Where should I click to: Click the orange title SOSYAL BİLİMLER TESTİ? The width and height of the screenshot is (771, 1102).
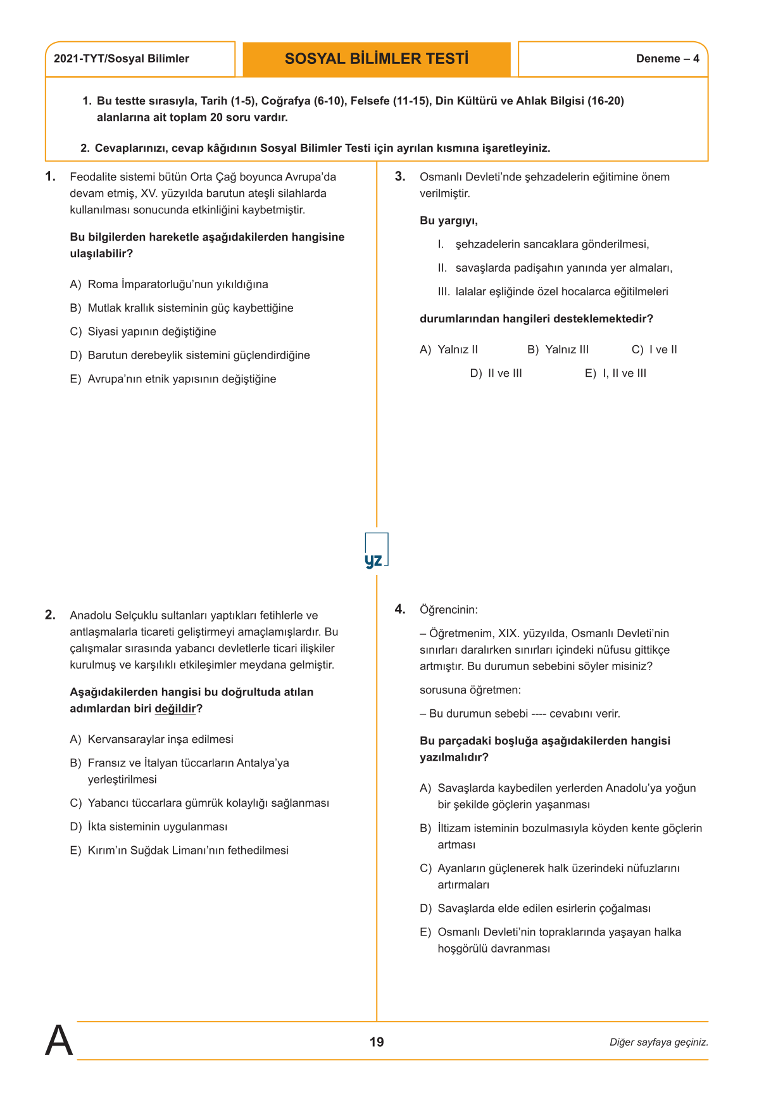pyautogui.click(x=377, y=59)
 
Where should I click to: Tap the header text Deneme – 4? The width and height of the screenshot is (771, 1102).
pyautogui.click(x=667, y=59)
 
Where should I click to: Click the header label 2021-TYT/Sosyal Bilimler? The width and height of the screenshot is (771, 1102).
pyautogui.click(x=122, y=59)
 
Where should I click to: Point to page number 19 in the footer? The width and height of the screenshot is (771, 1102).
pyautogui.click(x=377, y=1042)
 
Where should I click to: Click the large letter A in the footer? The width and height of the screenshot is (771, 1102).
pyautogui.click(x=59, y=1041)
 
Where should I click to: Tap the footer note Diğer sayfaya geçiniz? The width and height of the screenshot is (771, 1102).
pyautogui.click(x=658, y=1042)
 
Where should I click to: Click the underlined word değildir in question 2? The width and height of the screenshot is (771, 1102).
pyautogui.click(x=175, y=709)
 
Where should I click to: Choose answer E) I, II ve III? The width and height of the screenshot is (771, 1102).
pyautogui.click(x=615, y=374)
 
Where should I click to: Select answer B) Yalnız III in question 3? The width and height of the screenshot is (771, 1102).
pyautogui.click(x=558, y=350)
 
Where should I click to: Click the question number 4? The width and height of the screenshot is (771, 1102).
pyautogui.click(x=400, y=609)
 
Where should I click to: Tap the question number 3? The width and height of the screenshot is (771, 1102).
pyautogui.click(x=400, y=177)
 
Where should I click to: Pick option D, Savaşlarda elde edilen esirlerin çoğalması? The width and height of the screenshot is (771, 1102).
pyautogui.click(x=535, y=909)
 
